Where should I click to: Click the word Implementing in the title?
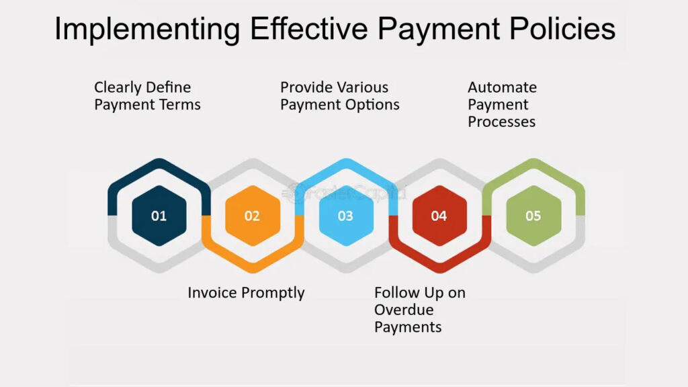pyautogui.click(x=147, y=30)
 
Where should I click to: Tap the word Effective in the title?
pyautogui.click(x=309, y=29)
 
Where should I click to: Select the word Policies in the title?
pyautogui.click(x=562, y=29)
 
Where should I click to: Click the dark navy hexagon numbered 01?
pyautogui.click(x=159, y=216)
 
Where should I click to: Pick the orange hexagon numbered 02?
pyautogui.click(x=253, y=216)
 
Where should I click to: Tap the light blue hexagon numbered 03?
pyautogui.click(x=346, y=216)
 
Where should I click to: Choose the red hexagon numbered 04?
pyautogui.click(x=439, y=216)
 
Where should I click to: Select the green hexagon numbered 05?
pyautogui.click(x=533, y=216)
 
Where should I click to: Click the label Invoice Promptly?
pyautogui.click(x=246, y=293)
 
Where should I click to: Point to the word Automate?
pyautogui.click(x=503, y=87)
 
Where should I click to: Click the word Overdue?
pyautogui.click(x=404, y=310)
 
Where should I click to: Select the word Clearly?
pyautogui.click(x=116, y=88)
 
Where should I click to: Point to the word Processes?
pyautogui.click(x=501, y=122)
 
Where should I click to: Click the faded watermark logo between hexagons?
pyautogui.click(x=345, y=193)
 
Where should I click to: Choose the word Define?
pyautogui.click(x=167, y=87)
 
